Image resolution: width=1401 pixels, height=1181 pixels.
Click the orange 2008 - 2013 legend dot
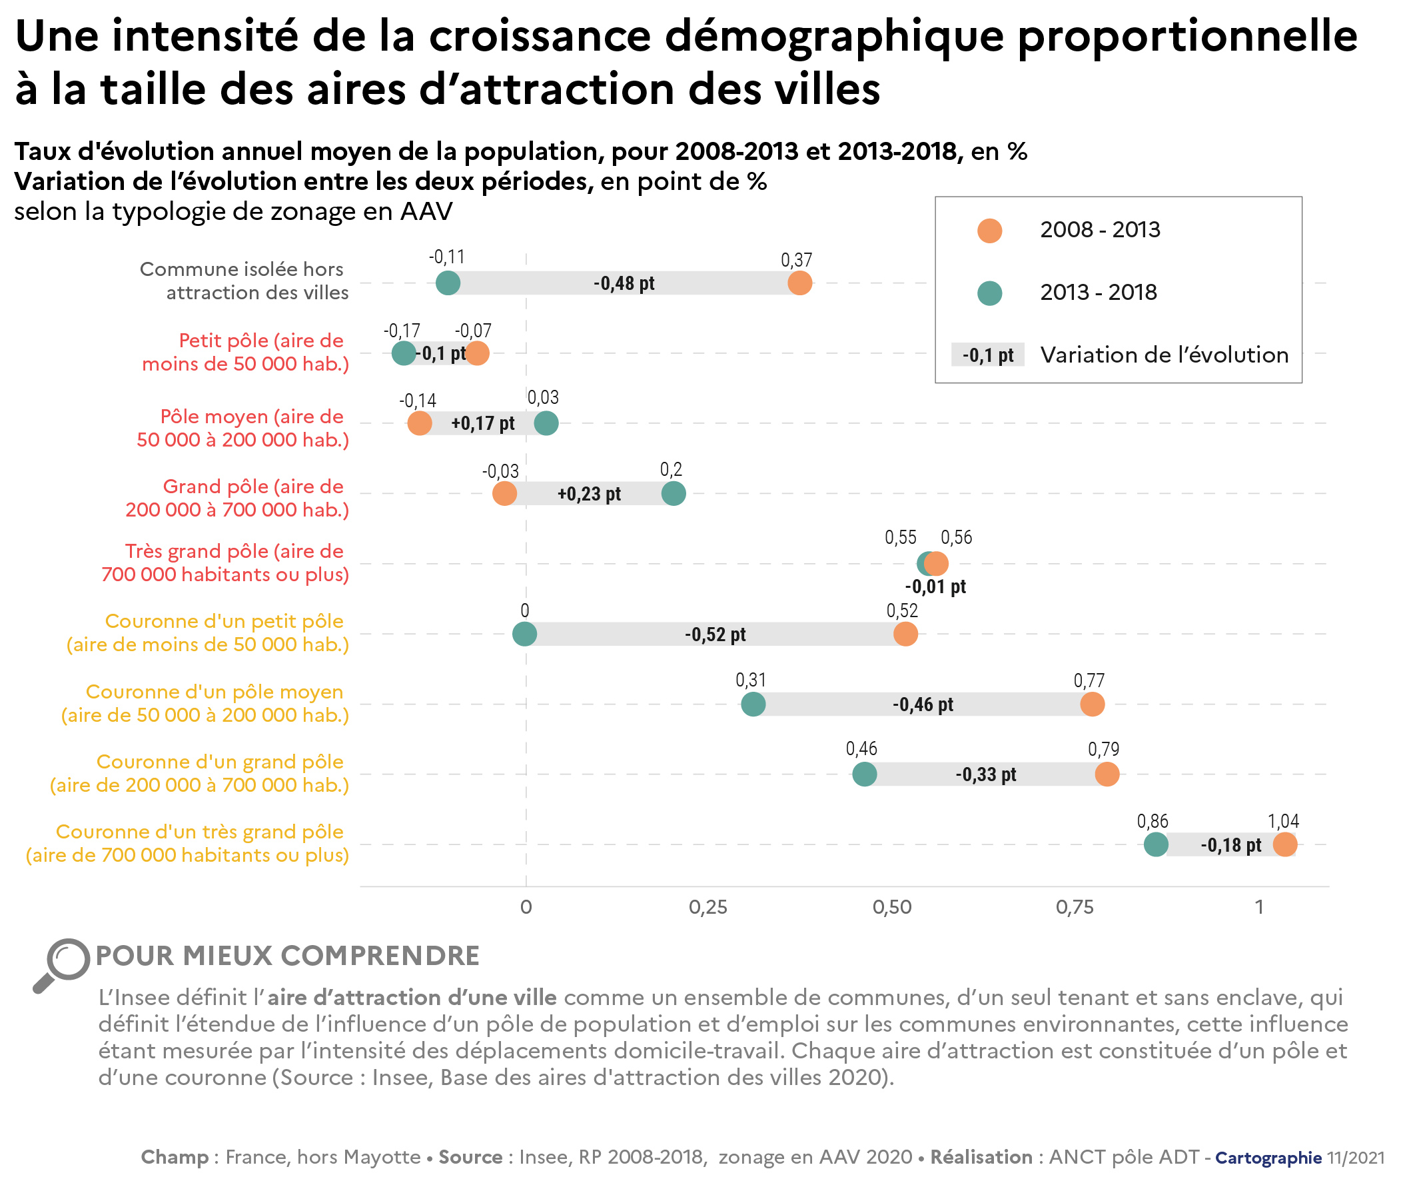989,231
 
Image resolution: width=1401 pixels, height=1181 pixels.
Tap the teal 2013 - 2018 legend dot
989,293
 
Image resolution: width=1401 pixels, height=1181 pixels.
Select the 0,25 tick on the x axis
708,907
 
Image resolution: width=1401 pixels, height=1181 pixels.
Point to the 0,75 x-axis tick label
1075,907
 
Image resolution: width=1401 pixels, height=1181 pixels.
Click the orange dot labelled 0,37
799,283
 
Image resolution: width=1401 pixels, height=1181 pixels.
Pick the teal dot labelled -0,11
448,283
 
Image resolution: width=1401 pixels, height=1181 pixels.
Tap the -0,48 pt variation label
624,283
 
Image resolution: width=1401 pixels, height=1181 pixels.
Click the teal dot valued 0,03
547,423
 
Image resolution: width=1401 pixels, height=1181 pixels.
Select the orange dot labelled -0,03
504,493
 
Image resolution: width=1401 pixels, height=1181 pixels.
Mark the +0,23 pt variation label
589,494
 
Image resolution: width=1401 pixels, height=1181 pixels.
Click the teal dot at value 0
524,634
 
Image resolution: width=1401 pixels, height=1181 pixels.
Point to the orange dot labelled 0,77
1092,704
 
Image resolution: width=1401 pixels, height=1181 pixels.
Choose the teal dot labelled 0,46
865,774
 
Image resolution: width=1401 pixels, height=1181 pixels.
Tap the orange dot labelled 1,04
1284,844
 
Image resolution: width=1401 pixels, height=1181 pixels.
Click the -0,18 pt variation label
1230,845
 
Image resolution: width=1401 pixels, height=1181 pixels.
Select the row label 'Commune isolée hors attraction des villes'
245,281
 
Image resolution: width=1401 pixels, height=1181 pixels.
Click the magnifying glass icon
61,965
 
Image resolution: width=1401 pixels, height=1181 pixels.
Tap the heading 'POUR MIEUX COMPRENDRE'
288,956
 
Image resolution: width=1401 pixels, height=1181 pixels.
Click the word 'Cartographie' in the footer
1268,1158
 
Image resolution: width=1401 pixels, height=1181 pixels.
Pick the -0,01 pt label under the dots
935,587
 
